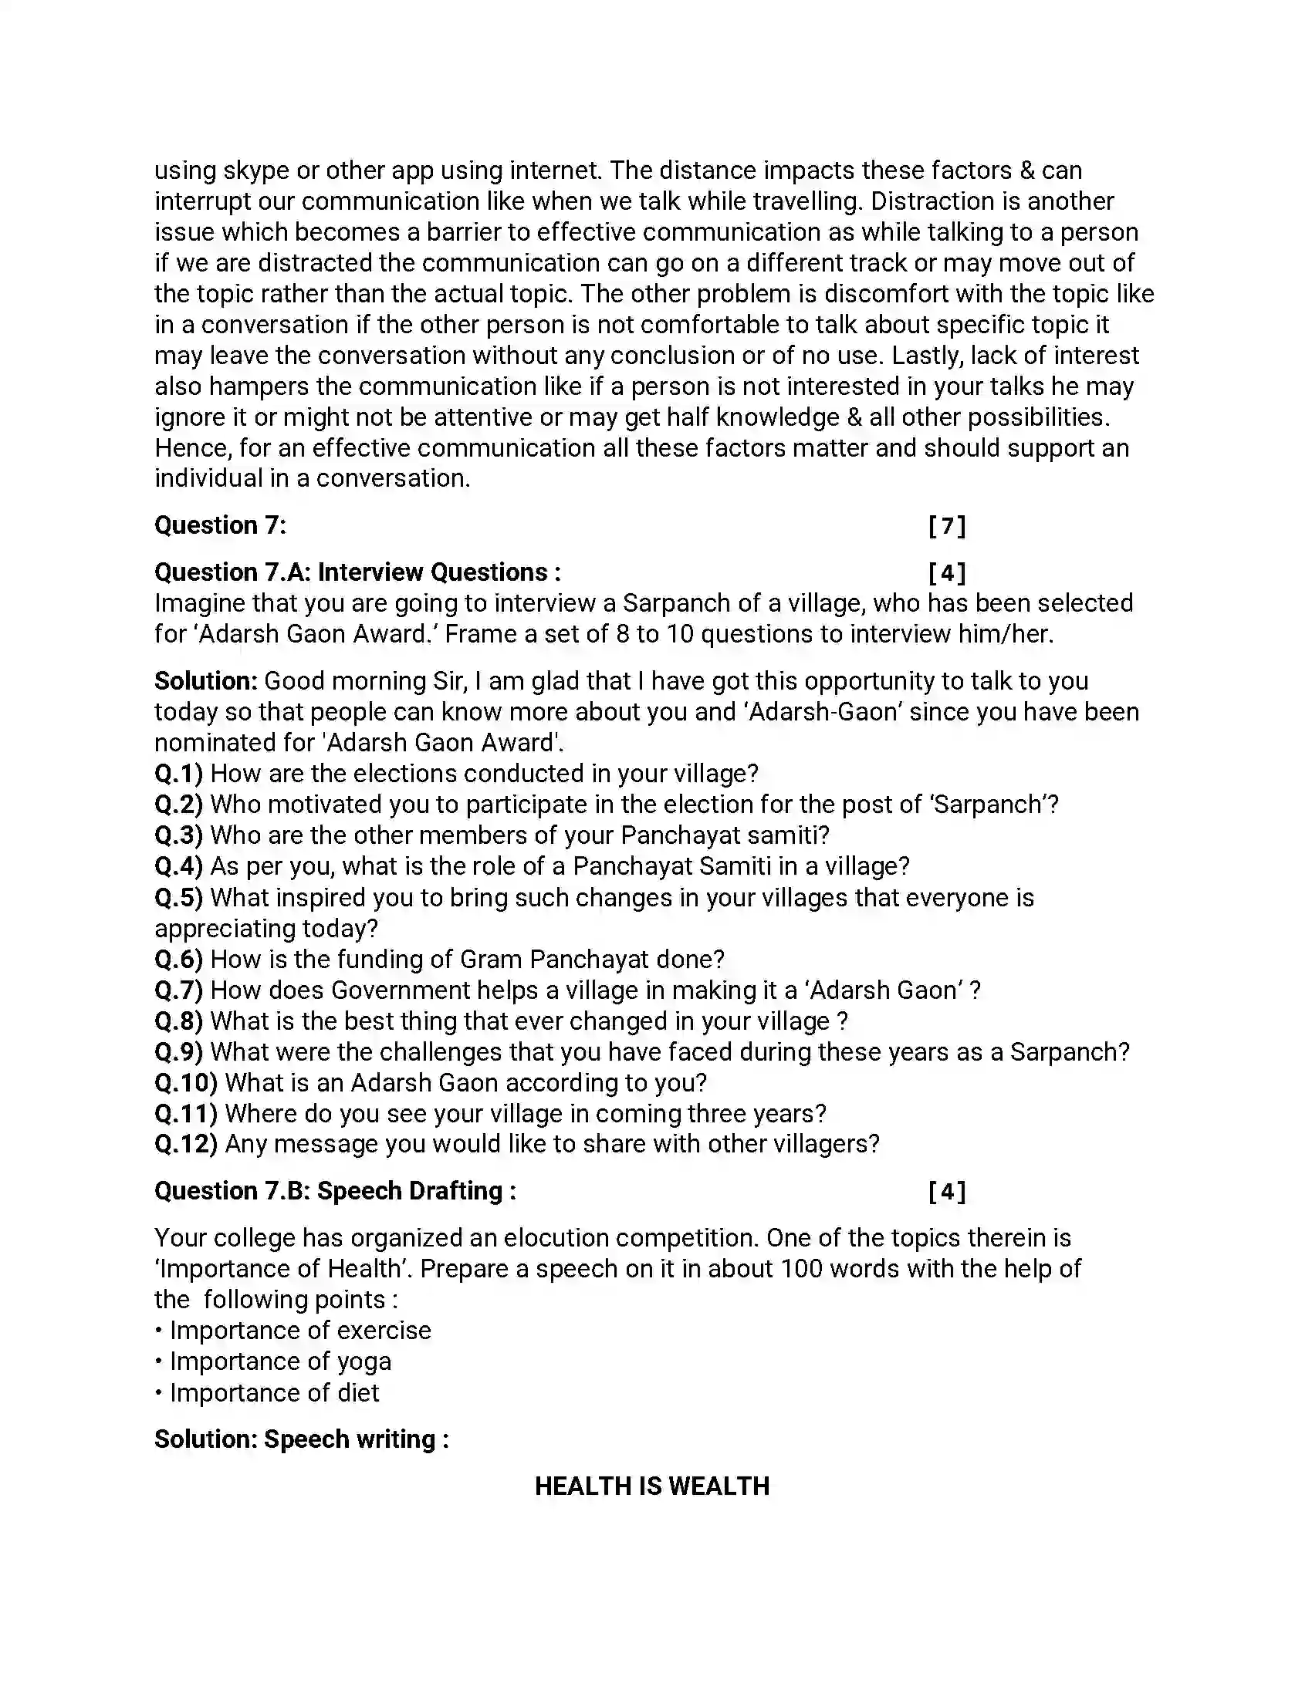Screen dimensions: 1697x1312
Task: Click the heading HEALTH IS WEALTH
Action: [x=651, y=1486]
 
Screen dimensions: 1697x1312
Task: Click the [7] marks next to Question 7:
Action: [x=947, y=526]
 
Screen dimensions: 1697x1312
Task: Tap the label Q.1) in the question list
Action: [x=178, y=773]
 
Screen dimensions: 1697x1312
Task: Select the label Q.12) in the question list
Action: [x=185, y=1144]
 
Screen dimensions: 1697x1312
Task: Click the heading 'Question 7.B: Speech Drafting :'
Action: [x=335, y=1191]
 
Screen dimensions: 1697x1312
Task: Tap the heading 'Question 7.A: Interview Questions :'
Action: [x=357, y=572]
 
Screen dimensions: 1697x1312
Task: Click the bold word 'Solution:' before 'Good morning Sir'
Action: [x=205, y=680]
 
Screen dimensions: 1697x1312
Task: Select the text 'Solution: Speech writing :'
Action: [x=302, y=1439]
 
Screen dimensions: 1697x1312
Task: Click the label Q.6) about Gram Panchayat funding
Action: [x=178, y=959]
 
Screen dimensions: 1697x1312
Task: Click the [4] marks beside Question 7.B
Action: [x=947, y=1191]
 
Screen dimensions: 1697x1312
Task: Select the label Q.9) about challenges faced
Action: [x=178, y=1051]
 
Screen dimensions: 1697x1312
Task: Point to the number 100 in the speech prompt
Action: [x=800, y=1269]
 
